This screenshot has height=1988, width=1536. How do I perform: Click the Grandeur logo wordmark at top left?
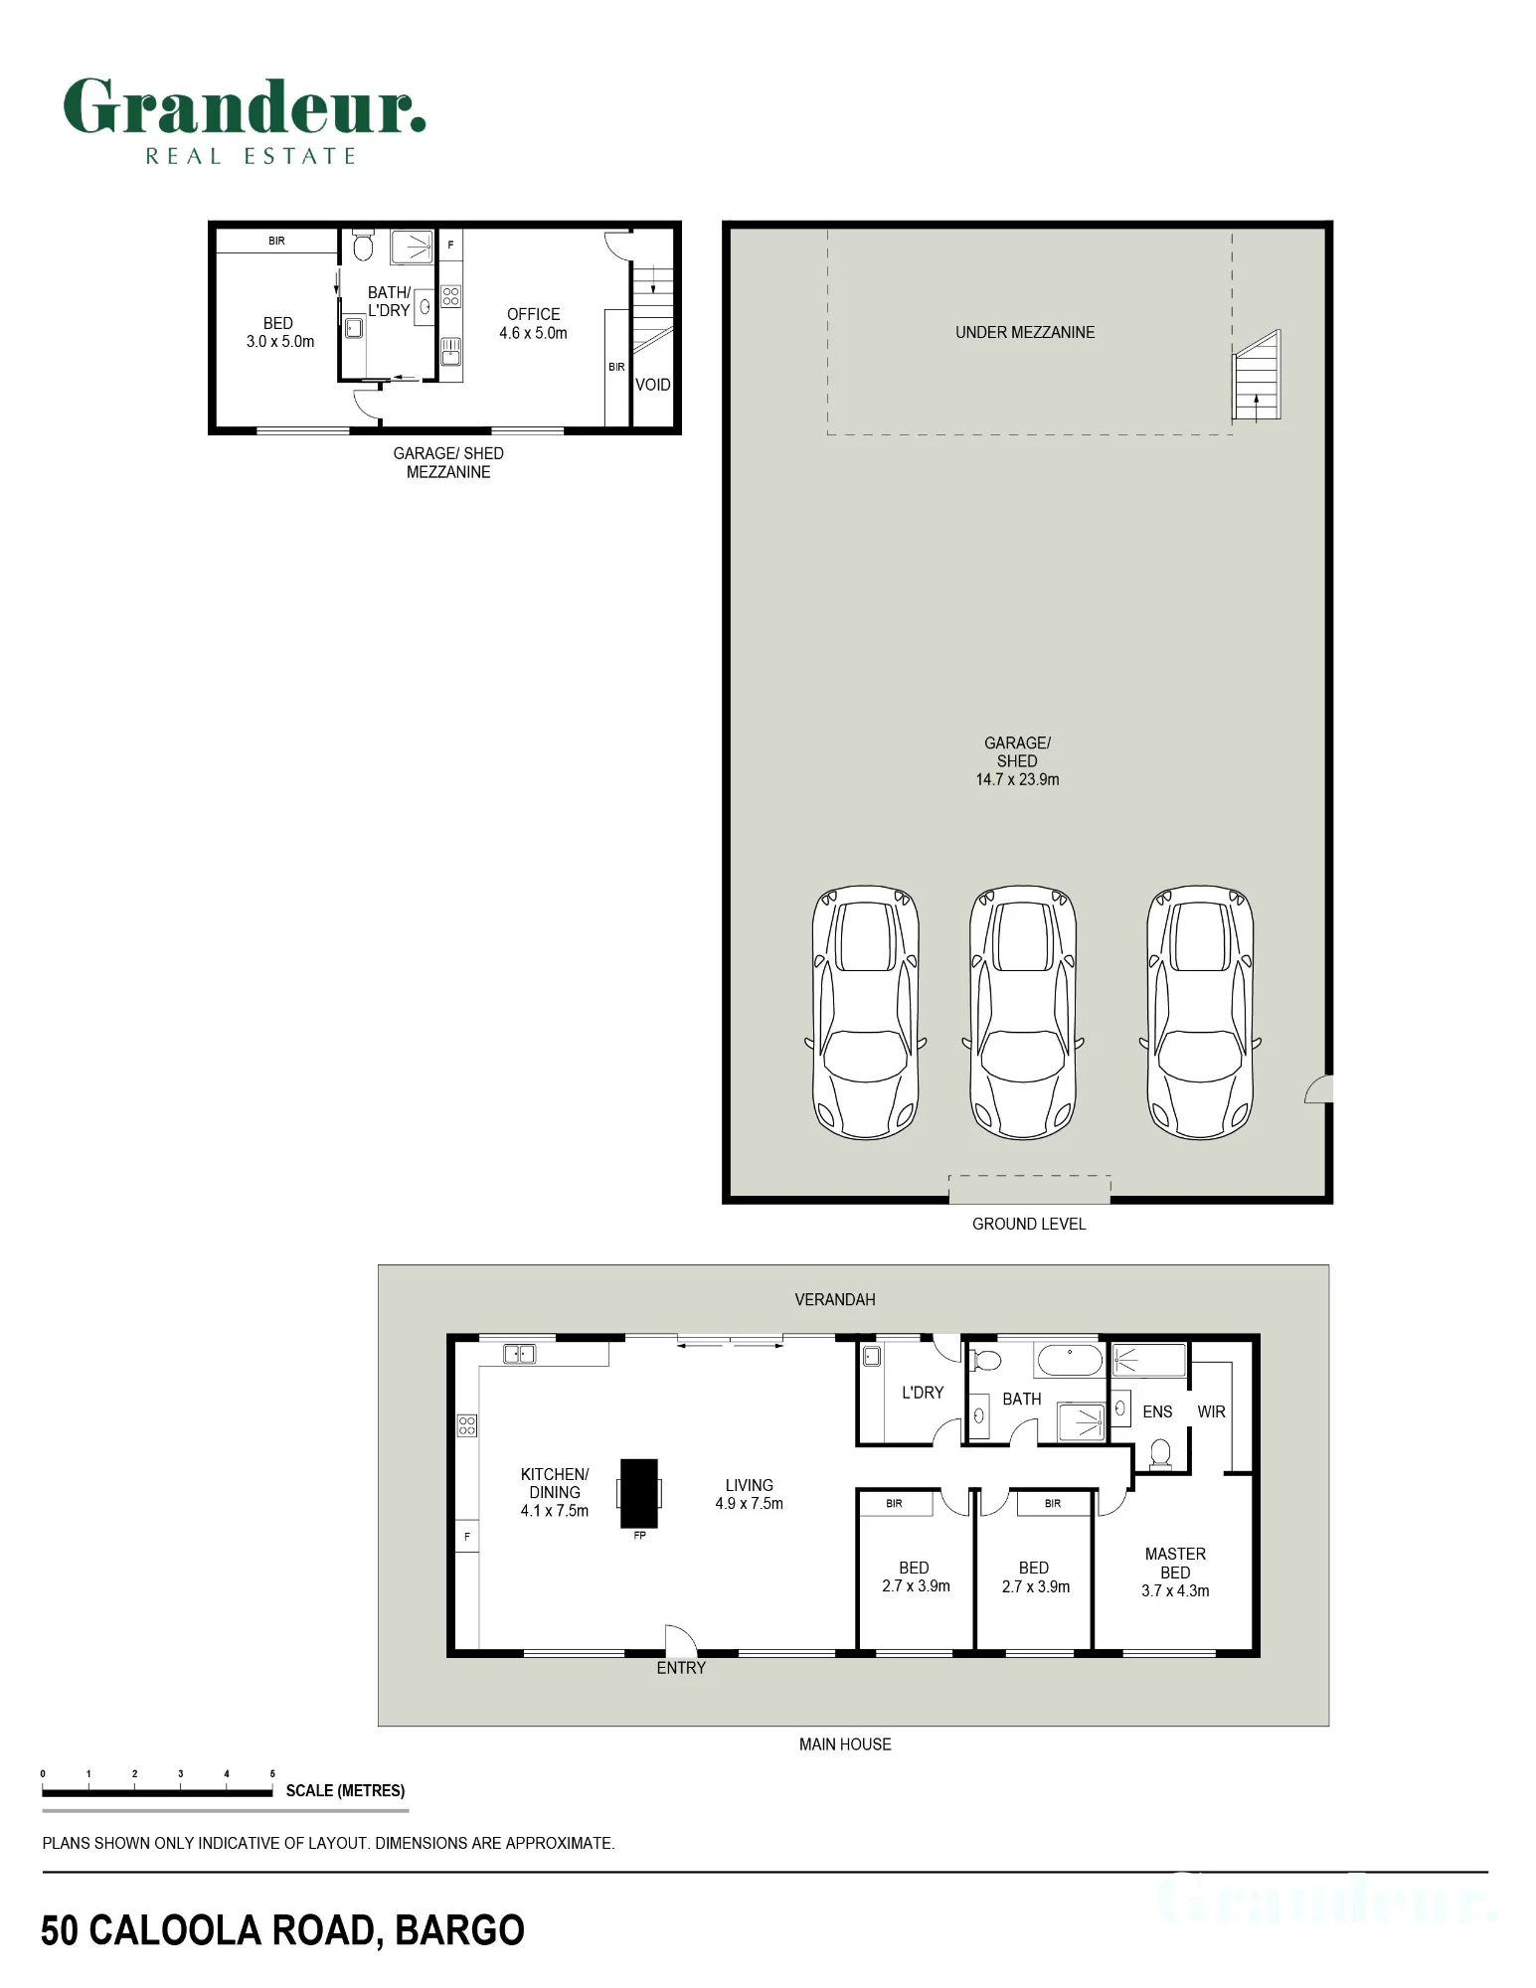(245, 106)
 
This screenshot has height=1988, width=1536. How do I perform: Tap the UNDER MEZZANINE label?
(1025, 333)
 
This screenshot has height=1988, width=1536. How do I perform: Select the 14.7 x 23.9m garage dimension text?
(1017, 780)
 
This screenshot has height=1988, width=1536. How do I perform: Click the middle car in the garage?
(1023, 1013)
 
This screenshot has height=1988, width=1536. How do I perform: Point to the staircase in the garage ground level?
(1257, 376)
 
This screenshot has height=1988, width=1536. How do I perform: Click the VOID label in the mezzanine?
(653, 385)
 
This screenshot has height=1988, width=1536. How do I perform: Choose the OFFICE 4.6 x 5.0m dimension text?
(533, 333)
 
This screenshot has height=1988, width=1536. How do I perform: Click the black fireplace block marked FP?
(639, 1493)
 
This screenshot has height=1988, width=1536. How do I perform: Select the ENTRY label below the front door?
(681, 1668)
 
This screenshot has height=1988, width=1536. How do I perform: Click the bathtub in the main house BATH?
(1069, 1360)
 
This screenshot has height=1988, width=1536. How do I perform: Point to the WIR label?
(1211, 1411)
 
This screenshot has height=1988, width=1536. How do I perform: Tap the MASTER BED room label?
(1175, 1564)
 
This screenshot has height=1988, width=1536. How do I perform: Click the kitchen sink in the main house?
(520, 1353)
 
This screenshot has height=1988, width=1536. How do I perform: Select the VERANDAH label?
(835, 1299)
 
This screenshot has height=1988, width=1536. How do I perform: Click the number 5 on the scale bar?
(272, 1773)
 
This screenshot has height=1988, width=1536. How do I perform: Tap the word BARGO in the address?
(459, 1930)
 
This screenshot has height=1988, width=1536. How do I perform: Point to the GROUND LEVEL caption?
(1029, 1224)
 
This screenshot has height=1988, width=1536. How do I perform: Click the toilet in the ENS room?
(1159, 1454)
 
